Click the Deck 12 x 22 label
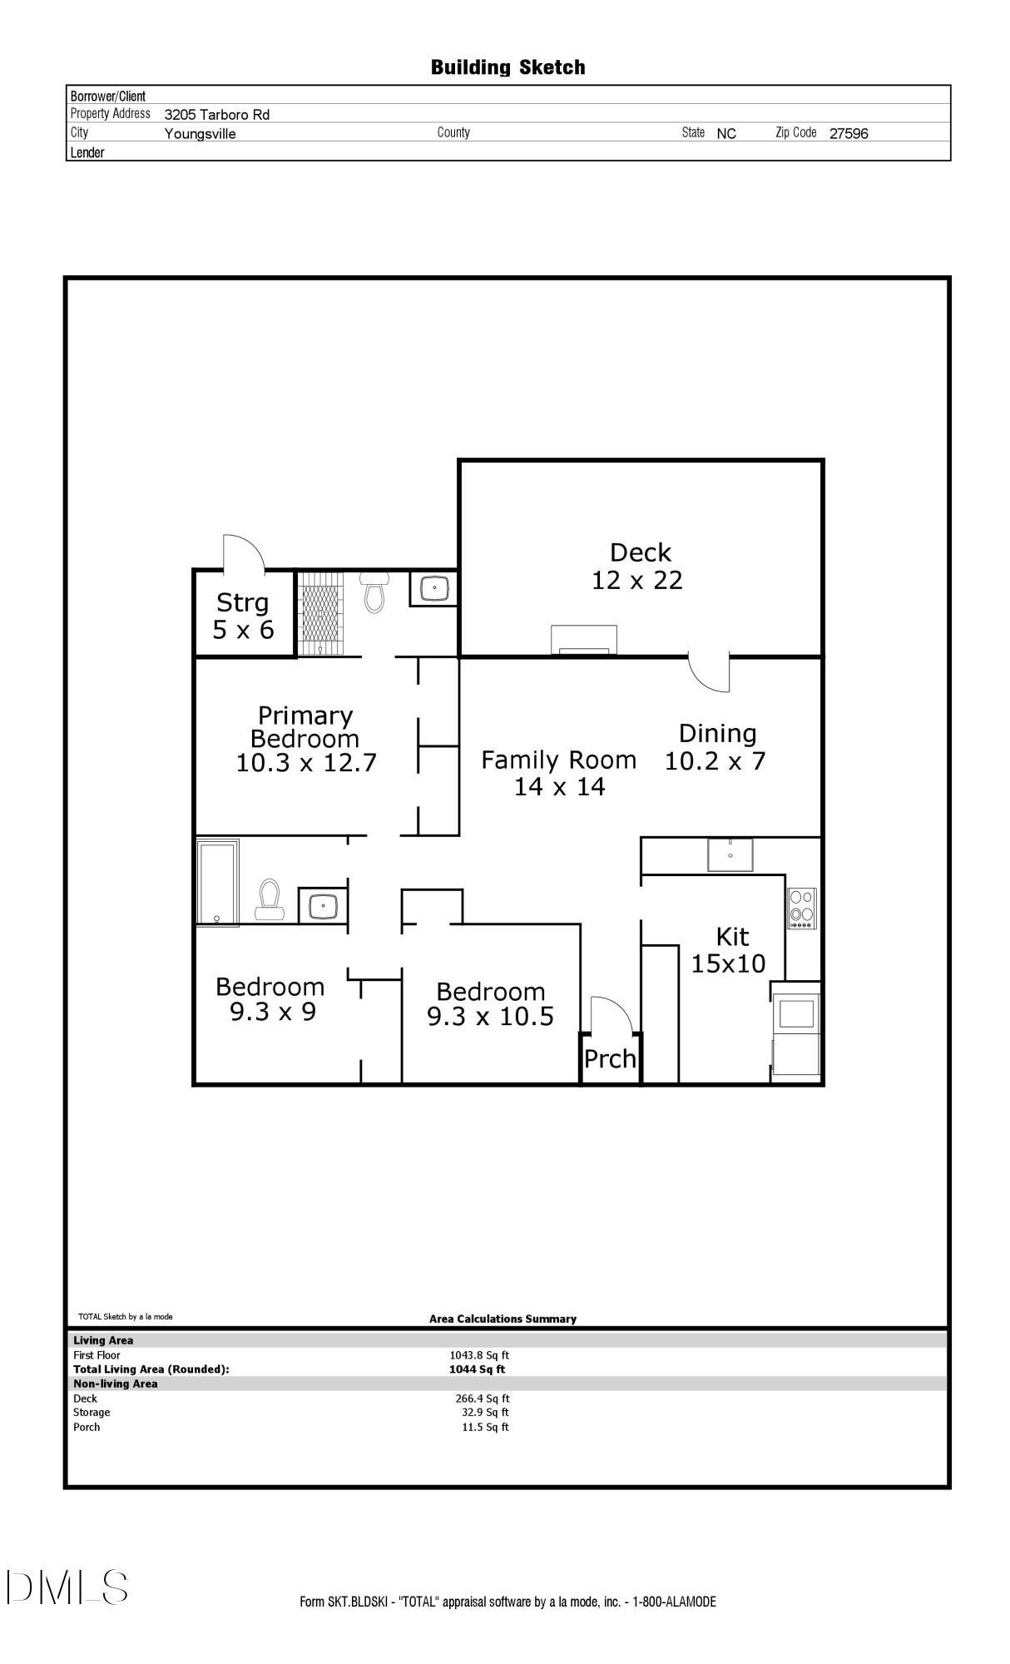coord(638,567)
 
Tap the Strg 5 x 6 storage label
coord(243,616)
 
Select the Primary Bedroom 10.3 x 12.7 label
coord(306,739)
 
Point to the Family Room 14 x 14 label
coord(559,773)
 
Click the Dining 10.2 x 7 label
coord(716,747)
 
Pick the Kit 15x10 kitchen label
coord(729,950)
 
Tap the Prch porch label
coord(610,1059)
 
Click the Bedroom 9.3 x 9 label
coord(270,999)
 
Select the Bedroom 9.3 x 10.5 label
coord(491,1003)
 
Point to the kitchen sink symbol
coord(730,854)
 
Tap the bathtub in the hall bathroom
coord(217,882)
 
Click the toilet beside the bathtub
coord(269,899)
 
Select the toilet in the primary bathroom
coord(374,592)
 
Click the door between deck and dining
coord(710,673)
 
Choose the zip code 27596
coord(849,134)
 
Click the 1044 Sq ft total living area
coord(477,1369)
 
